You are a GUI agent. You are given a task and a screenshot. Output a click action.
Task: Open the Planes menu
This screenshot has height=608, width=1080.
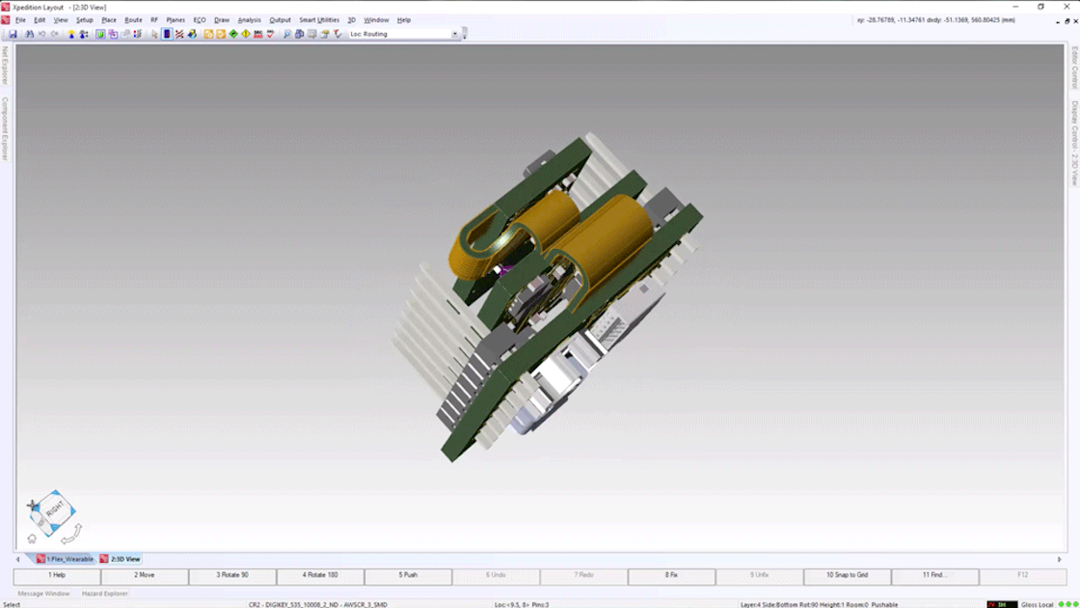175,19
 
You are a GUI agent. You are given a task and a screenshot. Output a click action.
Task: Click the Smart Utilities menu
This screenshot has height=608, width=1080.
318,19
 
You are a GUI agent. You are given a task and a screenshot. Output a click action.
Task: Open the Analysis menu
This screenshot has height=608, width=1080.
249,19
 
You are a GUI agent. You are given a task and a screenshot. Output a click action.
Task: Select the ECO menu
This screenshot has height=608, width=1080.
200,19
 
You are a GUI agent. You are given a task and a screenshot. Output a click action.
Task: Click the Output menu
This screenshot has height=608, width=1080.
280,19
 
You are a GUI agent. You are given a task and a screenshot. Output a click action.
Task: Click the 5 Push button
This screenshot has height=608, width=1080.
408,575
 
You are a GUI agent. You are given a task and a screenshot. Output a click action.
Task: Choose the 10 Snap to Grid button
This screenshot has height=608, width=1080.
847,575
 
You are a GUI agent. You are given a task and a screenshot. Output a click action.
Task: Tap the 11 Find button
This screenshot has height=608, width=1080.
933,575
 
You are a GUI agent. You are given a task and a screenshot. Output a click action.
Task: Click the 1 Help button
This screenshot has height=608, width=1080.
57,575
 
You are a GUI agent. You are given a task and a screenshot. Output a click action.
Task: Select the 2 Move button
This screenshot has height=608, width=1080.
145,575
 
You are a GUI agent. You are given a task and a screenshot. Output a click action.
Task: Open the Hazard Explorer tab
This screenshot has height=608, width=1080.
104,594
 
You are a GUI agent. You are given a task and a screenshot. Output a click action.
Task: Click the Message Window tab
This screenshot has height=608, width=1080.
43,594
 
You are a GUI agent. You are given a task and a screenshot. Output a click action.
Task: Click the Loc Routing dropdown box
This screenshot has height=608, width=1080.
404,34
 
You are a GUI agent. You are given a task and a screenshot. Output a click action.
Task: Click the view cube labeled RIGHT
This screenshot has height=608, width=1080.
54,510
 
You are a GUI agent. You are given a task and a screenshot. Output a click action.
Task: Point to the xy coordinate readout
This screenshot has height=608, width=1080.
934,19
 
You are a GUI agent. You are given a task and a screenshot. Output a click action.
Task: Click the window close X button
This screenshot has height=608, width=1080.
1066,7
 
